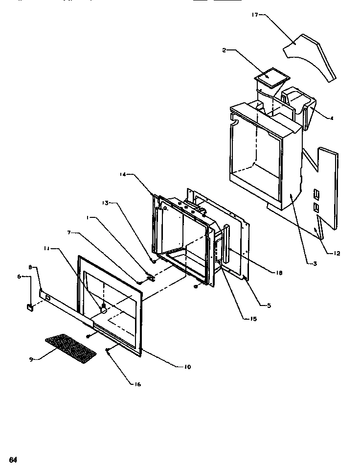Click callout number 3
click(315, 264)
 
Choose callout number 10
click(188, 367)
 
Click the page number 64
click(13, 460)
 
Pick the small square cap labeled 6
click(29, 307)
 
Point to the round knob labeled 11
click(103, 308)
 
